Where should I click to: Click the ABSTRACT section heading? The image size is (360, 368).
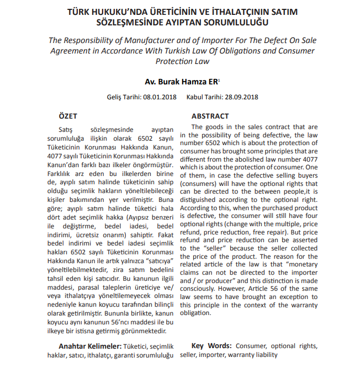(210, 116)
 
